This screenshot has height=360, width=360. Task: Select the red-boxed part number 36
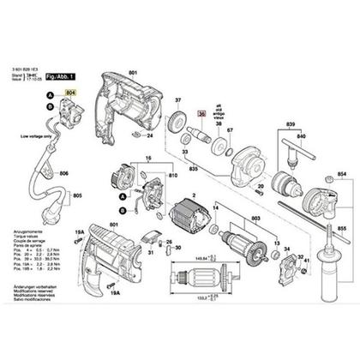tap(202, 111)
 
